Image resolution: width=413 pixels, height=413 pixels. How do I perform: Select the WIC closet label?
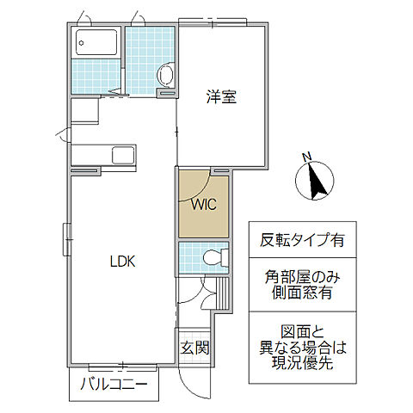pos(203,205)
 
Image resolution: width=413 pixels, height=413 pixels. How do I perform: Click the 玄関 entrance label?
pos(194,348)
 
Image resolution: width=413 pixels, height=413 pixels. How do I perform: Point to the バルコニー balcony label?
pos(114,384)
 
